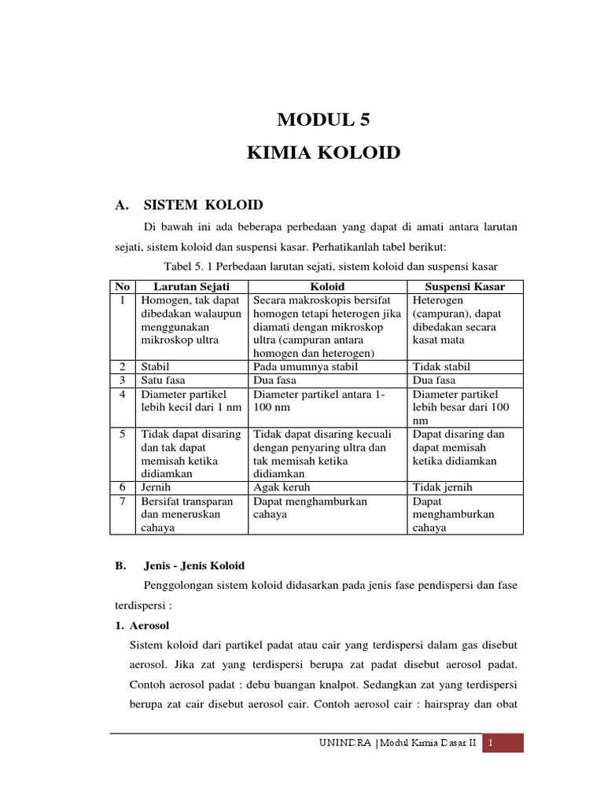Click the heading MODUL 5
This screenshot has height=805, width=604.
click(x=323, y=120)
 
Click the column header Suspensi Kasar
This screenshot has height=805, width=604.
click(x=466, y=288)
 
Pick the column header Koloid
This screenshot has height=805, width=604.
click(x=327, y=288)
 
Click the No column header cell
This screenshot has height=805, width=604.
click(x=122, y=288)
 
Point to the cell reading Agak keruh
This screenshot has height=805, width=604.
click(x=282, y=487)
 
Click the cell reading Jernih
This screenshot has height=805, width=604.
click(x=157, y=487)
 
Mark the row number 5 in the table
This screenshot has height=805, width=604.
click(x=122, y=434)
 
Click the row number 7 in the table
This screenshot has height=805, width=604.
click(x=122, y=501)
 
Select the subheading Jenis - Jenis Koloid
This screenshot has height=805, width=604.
click(x=194, y=565)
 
